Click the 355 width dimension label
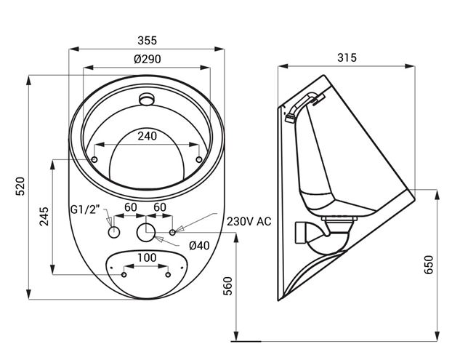[148, 41]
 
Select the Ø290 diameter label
[148, 59]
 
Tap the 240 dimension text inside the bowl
[148, 136]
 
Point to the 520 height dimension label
[20, 186]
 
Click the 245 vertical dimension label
[44, 217]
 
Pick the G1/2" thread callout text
[85, 210]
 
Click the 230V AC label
[249, 221]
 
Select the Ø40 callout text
[200, 246]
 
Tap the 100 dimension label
[147, 257]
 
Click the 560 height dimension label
[228, 286]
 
